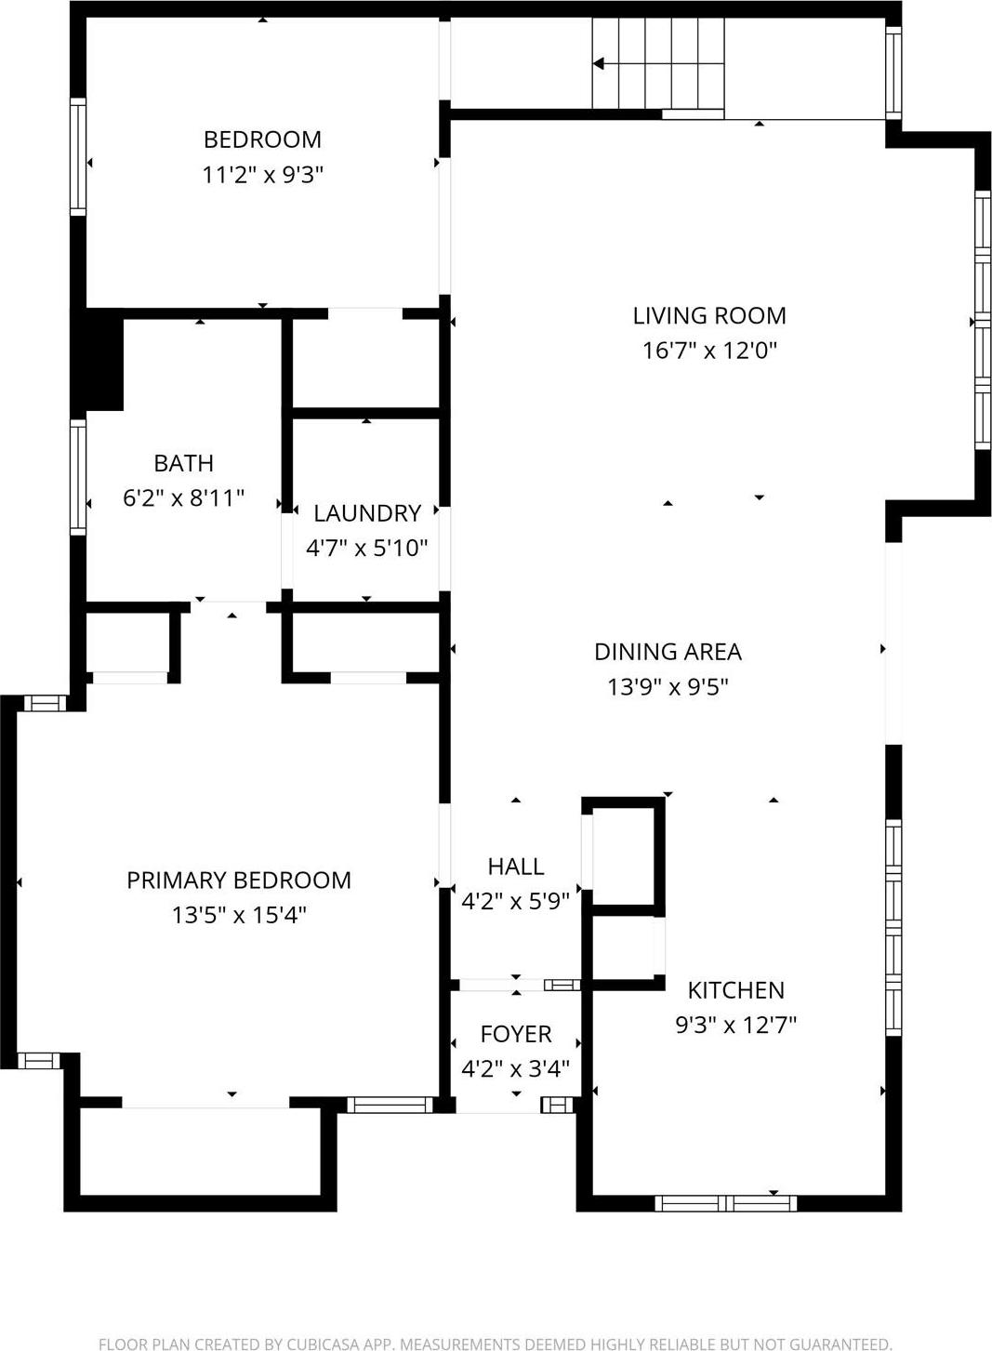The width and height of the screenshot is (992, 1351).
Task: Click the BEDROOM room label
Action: click(262, 139)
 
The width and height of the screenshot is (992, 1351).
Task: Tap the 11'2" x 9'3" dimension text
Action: click(262, 175)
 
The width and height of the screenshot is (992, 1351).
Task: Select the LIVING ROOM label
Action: click(709, 316)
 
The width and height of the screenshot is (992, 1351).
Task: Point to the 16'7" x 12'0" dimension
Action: click(709, 351)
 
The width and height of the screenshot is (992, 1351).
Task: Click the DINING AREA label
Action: click(668, 652)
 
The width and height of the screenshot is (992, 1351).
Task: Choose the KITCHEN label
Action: click(735, 990)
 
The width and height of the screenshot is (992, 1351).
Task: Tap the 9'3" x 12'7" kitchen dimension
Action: click(735, 1025)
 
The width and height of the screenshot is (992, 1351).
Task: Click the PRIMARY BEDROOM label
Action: click(239, 881)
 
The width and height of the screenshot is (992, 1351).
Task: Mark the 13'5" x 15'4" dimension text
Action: click(239, 915)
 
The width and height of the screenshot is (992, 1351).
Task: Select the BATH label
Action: click(183, 463)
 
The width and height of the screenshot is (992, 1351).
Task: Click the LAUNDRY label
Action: click(367, 513)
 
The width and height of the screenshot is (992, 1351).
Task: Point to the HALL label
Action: click(516, 867)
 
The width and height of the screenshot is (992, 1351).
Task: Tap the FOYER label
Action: click(516, 1034)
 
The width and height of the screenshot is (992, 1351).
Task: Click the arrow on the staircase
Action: click(600, 64)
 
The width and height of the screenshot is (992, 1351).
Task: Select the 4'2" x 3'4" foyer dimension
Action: click(516, 1068)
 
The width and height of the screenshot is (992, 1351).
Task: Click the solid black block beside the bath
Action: click(99, 361)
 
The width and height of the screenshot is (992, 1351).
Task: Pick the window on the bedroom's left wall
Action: click(78, 157)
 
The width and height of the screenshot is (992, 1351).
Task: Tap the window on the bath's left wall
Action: click(78, 477)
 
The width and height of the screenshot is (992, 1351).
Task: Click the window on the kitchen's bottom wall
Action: click(726, 1203)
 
